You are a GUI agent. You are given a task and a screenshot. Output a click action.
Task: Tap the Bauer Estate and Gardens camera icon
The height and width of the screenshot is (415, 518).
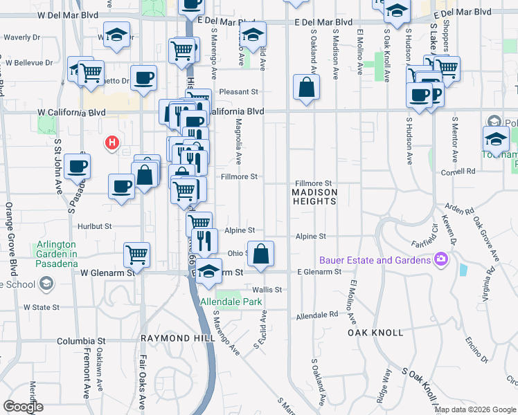[441, 260]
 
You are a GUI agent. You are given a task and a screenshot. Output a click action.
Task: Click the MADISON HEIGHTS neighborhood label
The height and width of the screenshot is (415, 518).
[314, 196]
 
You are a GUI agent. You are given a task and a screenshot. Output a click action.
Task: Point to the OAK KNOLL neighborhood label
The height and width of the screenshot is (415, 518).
[375, 333]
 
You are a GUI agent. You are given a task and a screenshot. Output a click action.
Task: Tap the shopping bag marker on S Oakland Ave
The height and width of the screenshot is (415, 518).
[305, 87]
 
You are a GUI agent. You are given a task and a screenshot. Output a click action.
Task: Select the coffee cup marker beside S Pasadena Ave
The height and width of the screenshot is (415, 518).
[77, 166]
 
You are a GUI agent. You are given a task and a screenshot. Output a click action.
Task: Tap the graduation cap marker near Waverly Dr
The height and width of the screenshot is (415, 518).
[116, 34]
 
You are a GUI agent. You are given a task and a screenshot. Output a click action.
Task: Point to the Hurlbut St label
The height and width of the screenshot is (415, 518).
[94, 226]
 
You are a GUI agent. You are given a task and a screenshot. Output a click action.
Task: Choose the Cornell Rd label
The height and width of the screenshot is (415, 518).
[461, 170]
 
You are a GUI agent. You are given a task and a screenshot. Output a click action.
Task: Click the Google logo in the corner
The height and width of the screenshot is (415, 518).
[24, 407]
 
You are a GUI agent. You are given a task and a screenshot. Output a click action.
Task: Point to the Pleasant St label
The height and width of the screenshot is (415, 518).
[238, 91]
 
